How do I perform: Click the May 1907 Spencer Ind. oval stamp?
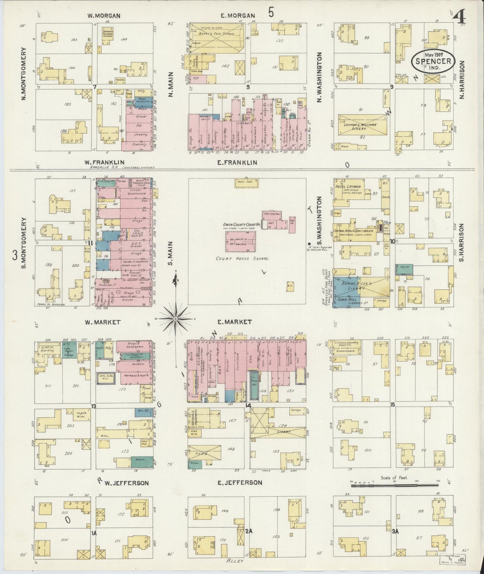[433, 61]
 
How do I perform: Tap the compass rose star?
[175, 319]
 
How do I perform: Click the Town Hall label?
[346, 300]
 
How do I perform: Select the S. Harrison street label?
[462, 242]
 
